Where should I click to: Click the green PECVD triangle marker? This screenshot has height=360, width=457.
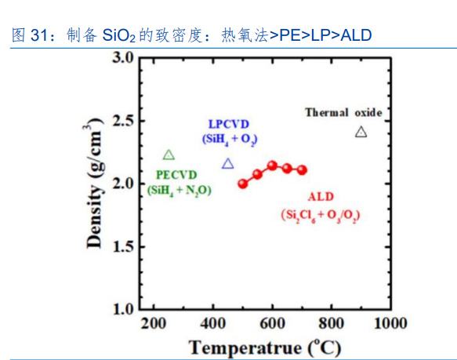[x=169, y=155]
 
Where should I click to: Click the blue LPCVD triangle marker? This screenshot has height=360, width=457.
[x=228, y=164]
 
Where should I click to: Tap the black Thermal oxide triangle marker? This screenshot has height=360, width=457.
[x=361, y=132]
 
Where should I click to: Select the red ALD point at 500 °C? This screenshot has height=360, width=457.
[x=243, y=184]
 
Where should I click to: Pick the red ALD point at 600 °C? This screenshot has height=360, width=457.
[x=272, y=165]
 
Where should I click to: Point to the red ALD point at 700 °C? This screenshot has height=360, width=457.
[x=302, y=170]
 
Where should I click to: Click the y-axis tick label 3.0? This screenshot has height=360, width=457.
[x=122, y=58]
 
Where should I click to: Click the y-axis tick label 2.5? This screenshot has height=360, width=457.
[x=122, y=121]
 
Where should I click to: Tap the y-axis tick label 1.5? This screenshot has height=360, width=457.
[x=122, y=246]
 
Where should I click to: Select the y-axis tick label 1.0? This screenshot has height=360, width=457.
[x=122, y=308]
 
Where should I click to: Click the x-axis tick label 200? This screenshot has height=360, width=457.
[x=154, y=324]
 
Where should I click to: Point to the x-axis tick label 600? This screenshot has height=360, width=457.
[x=272, y=324]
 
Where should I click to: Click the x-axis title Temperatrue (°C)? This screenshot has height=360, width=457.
[x=265, y=346]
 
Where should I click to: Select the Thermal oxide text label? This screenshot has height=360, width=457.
[x=343, y=113]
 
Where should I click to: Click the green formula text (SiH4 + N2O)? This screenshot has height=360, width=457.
[x=180, y=189]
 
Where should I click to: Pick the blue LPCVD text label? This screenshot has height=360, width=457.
[x=230, y=124]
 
